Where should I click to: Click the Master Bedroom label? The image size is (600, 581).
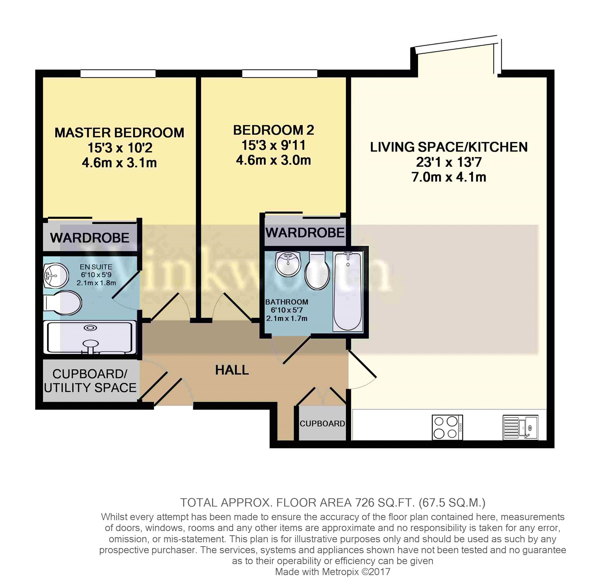(119, 133)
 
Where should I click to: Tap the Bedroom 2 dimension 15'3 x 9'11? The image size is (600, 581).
(273, 145)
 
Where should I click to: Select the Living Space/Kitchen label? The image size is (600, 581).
(448, 147)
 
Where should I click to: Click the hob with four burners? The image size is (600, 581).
(447, 427)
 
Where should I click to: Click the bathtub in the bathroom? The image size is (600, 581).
(348, 291)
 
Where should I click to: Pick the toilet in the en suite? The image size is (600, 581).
(63, 303)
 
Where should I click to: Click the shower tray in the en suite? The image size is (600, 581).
(90, 338)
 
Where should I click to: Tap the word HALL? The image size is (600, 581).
(232, 370)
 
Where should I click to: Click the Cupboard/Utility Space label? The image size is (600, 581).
(90, 381)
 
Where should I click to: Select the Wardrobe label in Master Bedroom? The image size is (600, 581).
(90, 238)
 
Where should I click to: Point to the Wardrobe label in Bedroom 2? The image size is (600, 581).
(305, 232)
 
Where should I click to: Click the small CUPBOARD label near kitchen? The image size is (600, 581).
(322, 424)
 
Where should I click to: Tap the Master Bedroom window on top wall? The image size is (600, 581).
(118, 74)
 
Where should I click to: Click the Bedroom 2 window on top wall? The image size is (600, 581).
(280, 74)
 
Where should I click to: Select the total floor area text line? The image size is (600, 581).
(332, 503)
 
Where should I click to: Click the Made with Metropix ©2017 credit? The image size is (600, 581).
(332, 572)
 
